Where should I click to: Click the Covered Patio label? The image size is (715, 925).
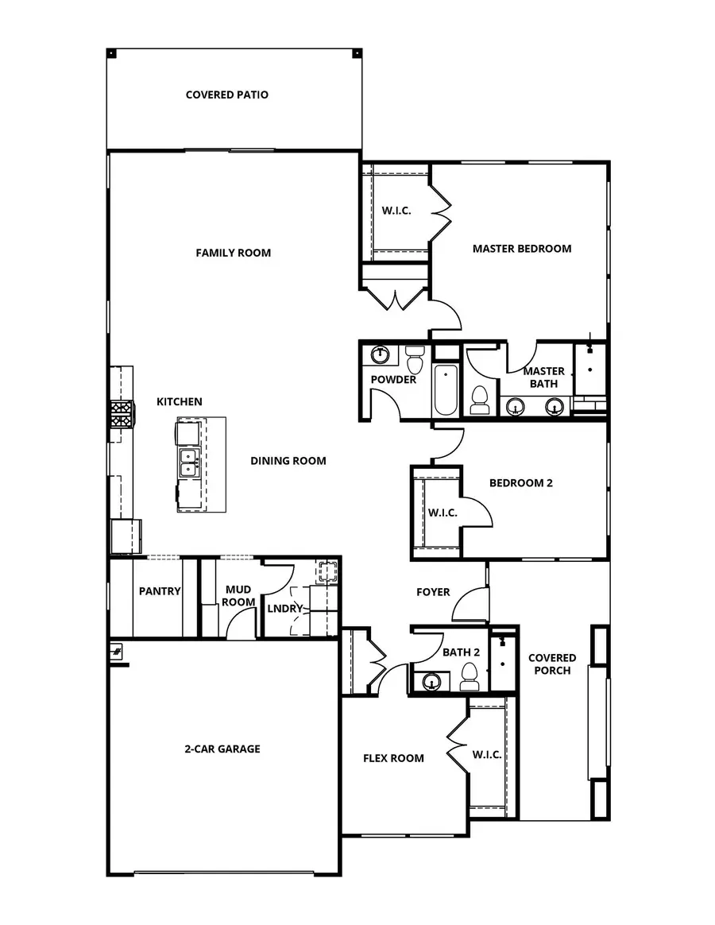226,95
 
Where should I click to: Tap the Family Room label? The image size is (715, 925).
233,253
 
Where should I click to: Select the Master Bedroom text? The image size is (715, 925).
521,248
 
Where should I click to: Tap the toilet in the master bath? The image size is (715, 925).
480,400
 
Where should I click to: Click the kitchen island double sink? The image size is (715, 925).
188,462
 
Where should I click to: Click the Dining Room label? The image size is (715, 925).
288,461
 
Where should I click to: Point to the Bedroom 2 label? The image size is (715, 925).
520,482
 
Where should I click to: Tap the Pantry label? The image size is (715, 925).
160,591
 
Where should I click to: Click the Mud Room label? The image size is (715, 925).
238,596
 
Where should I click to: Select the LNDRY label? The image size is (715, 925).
285,609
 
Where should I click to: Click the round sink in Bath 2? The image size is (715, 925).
431,681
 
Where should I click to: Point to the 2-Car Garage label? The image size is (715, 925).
222,749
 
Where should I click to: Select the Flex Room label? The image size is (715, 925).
393,758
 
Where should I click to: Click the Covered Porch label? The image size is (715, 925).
552,664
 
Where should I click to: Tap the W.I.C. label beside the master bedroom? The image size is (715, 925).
396,211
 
